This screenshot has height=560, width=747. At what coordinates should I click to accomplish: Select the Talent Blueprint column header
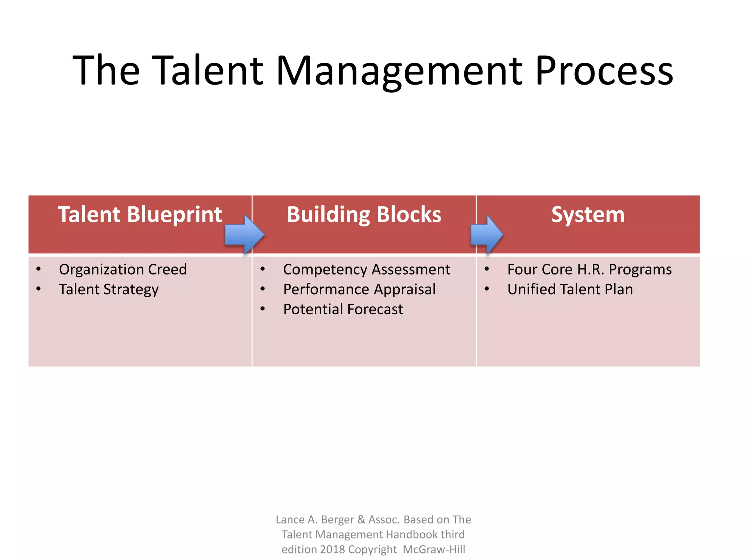140,214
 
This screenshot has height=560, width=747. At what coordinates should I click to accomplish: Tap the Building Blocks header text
364,214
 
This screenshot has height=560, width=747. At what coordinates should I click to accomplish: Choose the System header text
588,214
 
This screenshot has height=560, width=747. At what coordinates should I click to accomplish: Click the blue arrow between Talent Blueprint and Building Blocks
244,234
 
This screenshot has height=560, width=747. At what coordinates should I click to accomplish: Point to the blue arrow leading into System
486,234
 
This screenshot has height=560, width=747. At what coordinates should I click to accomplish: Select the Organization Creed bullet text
123,269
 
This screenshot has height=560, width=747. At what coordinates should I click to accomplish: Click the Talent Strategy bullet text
109,289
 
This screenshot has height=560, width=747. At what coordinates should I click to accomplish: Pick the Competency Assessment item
367,269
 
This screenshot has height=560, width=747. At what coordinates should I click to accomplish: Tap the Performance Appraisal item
359,289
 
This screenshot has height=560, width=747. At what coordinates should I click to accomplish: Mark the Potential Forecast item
343,309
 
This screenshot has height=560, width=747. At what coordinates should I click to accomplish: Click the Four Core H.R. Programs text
589,269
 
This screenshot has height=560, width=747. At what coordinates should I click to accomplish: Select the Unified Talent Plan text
570,289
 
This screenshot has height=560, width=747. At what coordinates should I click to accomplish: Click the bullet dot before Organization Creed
39,269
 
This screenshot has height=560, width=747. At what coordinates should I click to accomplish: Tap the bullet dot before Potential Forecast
263,309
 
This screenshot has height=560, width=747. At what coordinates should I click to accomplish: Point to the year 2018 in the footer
332,549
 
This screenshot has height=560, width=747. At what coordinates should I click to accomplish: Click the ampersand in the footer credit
361,520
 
